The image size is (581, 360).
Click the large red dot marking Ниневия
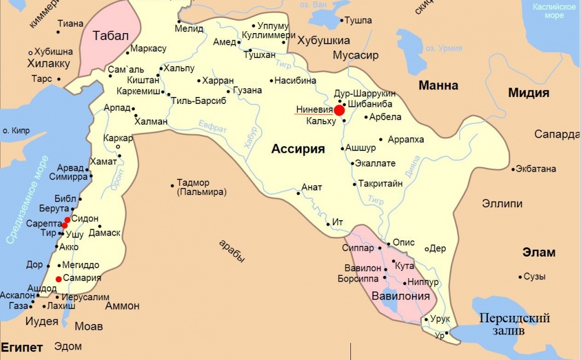(x=339, y=110)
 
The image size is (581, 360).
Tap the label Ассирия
(x=297, y=149)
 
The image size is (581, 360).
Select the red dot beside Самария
(x=58, y=279)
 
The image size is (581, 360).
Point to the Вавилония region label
(x=401, y=296)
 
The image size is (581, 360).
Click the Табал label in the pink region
(x=110, y=35)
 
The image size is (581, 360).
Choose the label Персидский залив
(x=514, y=325)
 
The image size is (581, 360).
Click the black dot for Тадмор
(x=173, y=186)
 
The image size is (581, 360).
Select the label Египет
(x=22, y=348)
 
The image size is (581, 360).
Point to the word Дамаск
(x=105, y=233)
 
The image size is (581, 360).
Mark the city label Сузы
(x=535, y=276)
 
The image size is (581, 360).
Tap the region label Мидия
(x=529, y=93)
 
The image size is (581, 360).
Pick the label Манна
(x=439, y=85)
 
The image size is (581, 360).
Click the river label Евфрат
(x=213, y=128)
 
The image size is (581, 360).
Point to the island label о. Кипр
(x=15, y=131)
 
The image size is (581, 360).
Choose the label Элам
(x=539, y=253)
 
